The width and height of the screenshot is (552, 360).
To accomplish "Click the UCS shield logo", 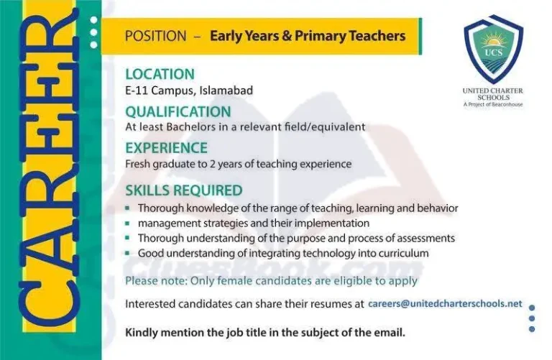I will pos(493,50).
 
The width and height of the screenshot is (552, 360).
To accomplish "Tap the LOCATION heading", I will pos(160,74).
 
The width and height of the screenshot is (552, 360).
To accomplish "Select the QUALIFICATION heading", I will pos(178,112).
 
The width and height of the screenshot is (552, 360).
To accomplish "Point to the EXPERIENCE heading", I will pos(166,148).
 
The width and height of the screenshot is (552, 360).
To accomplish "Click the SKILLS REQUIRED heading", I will pos(183,190).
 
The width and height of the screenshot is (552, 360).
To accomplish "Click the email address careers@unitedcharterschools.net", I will pos(445,303).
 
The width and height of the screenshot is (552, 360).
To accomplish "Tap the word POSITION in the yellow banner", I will pos(157,36).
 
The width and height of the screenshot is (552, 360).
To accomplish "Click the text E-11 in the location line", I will pos(138,91).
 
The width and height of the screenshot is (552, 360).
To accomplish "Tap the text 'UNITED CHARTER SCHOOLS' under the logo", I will pos(493,93).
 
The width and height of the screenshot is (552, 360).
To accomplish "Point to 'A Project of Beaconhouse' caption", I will pos(493,105).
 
